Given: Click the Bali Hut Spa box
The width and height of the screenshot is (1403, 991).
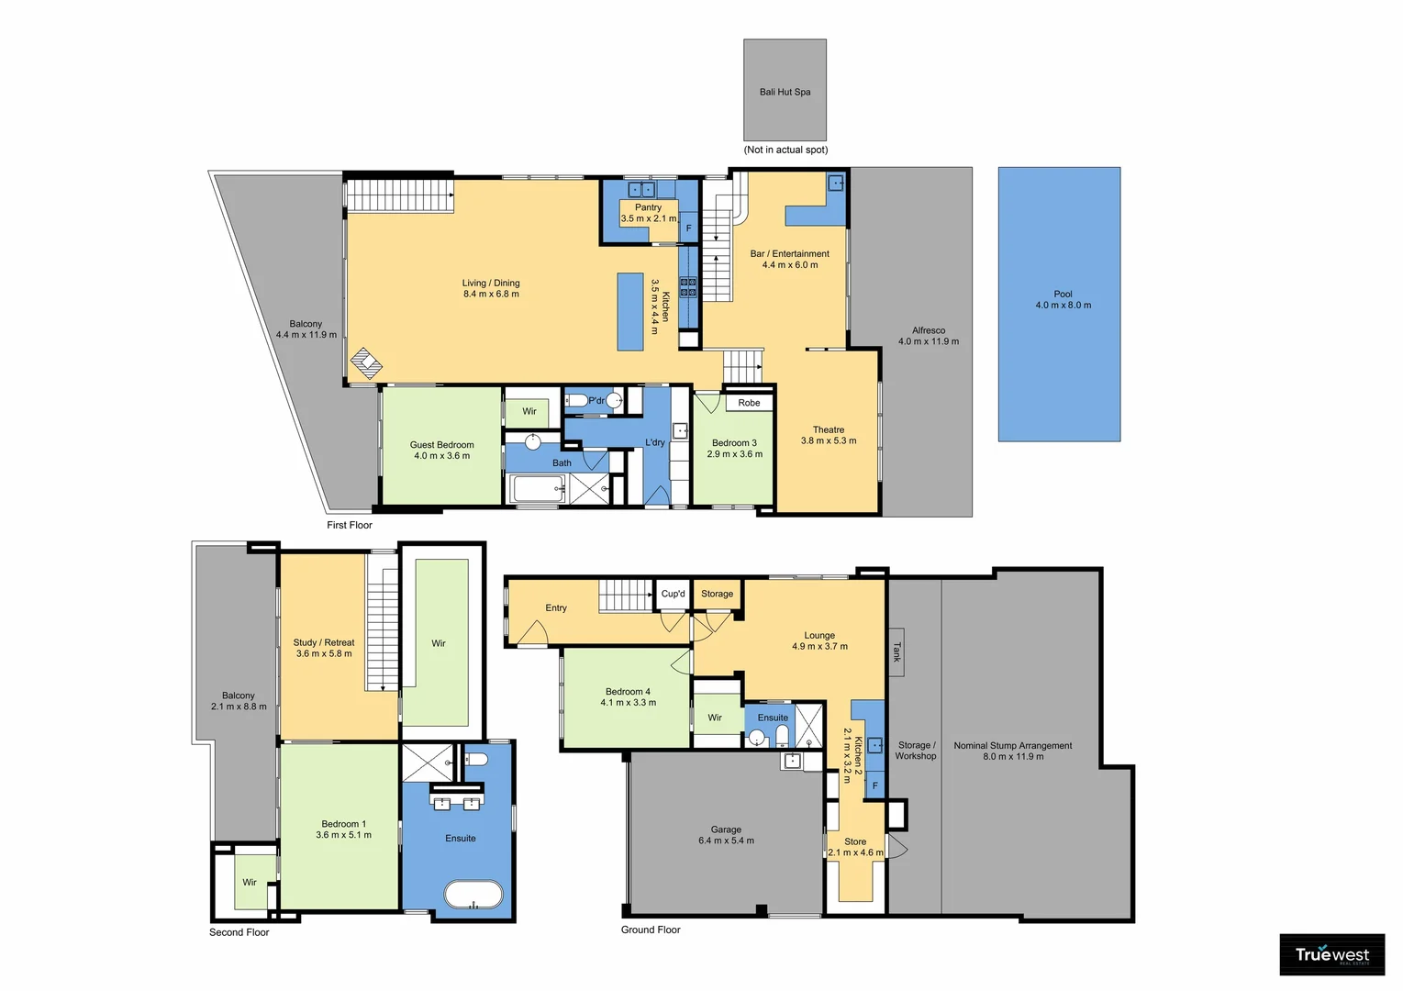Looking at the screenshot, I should pos(785,89).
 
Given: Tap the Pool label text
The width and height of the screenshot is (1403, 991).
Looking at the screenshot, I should pos(1063,295).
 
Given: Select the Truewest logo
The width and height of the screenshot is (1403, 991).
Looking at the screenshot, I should pos(1331,955).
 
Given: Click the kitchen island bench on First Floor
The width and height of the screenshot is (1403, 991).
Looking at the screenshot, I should pos(630,312).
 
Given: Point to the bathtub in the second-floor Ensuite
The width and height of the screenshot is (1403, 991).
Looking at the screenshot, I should pos(473,895).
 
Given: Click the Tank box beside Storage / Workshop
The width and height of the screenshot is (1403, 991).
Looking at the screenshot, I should pos(896,651).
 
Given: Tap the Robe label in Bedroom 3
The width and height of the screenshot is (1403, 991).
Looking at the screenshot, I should pos(749,403).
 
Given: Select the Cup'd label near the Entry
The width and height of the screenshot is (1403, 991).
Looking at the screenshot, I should pos(673,594).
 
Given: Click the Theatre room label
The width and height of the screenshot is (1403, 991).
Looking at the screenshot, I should pos(828,429).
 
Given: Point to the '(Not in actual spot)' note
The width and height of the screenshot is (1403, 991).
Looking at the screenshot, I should pos(785,150).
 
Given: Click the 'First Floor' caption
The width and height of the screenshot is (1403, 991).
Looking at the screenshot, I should pos(350,525).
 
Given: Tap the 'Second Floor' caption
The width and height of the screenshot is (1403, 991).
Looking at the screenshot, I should pos(239,932).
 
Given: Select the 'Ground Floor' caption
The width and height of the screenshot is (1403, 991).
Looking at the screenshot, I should pos(651,930).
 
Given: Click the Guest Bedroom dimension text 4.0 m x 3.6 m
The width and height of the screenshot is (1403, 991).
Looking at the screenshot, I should pos(441,456).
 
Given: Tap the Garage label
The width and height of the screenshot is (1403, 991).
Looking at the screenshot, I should pos(726,830).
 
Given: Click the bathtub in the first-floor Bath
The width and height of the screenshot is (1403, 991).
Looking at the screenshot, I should pos(539,489).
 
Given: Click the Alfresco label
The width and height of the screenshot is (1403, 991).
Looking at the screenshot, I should pos(928,330).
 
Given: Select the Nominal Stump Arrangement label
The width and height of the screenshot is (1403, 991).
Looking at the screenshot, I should pos(1012,746).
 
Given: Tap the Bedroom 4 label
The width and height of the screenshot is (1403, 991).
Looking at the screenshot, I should pos(628,692).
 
